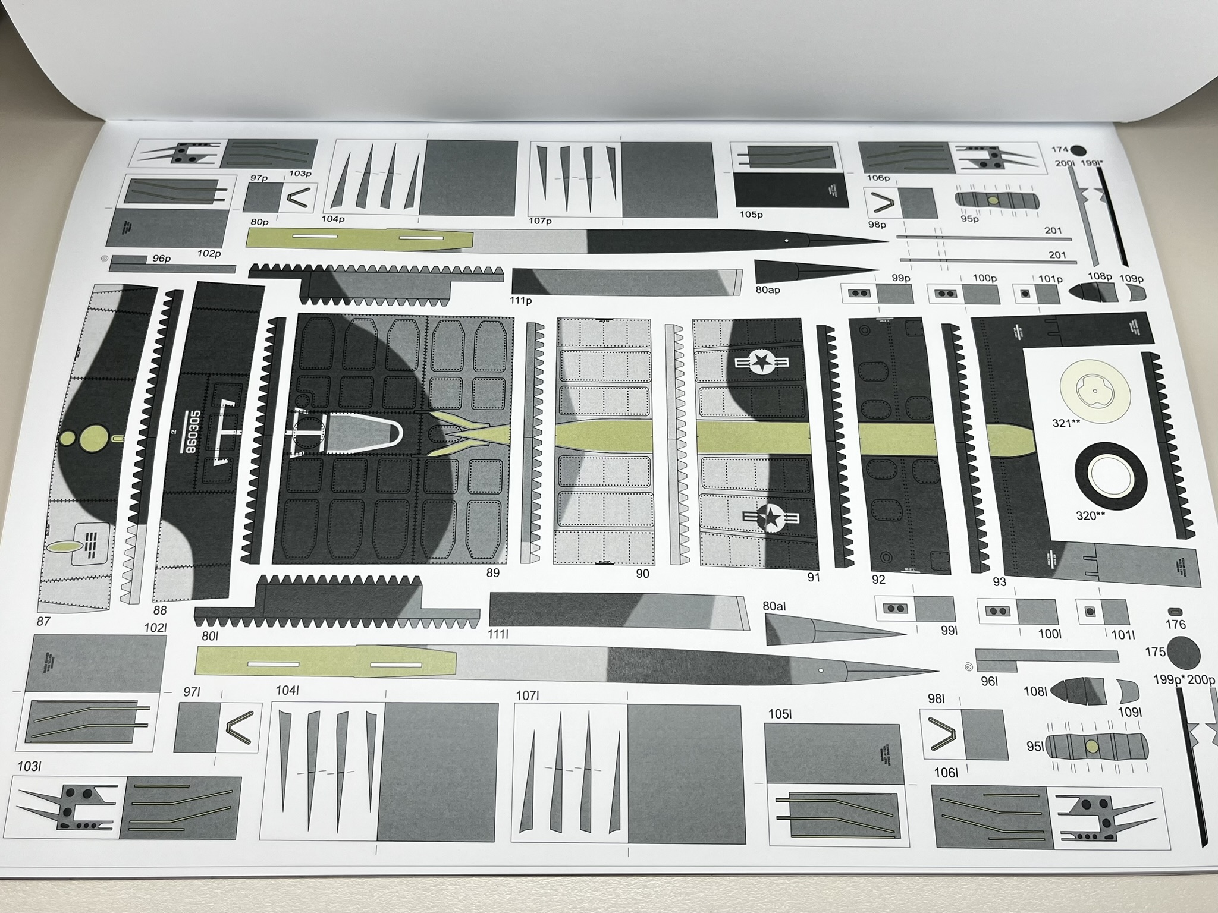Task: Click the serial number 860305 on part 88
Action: tap(190, 432)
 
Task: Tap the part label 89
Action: tap(492, 573)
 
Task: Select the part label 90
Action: tap(642, 574)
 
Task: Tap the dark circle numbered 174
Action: tap(1078, 151)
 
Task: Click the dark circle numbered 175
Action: tap(1184, 652)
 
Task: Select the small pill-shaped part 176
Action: tap(1175, 612)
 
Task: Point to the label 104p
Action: tap(333, 219)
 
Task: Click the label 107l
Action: tap(527, 695)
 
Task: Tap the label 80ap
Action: tap(767, 290)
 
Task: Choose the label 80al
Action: tap(774, 606)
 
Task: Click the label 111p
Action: tap(520, 300)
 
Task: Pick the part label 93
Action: tap(999, 581)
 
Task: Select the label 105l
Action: tap(780, 714)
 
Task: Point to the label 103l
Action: tap(29, 766)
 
